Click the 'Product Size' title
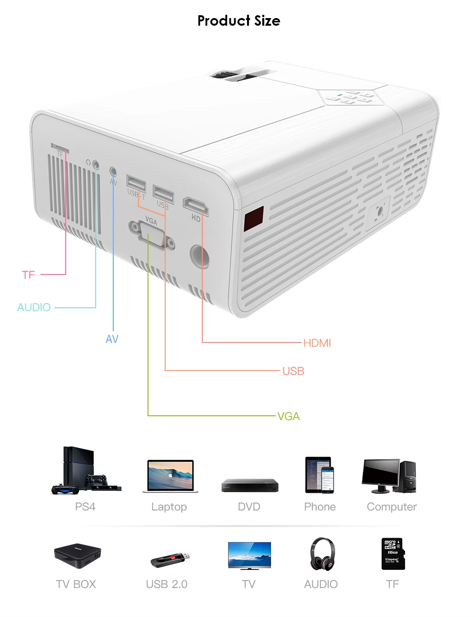coord(238,20)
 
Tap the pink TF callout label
coord(29,275)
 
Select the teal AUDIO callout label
coord(34,307)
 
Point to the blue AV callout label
coord(112,339)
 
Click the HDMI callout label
coord(317,343)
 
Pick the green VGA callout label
coord(288,416)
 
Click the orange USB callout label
coord(293,371)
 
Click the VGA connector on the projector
coord(151,235)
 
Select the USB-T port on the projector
coord(136,183)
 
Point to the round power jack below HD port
coord(199,256)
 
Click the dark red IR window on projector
coord(254,218)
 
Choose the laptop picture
coord(170,476)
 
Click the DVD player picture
coord(249,485)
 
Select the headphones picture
coord(322,554)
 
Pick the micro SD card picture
coord(393,554)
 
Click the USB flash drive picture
coord(170,559)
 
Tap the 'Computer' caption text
coord(392,507)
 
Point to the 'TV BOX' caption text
coord(76,584)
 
